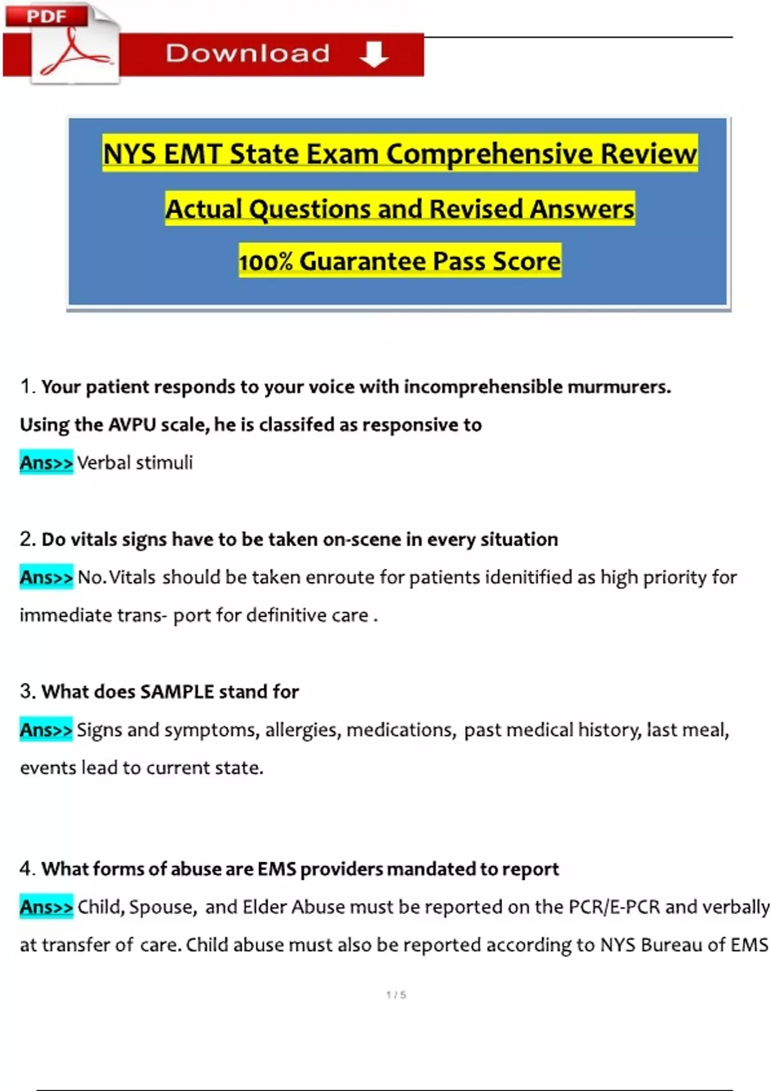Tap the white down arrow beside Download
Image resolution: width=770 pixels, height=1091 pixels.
(x=373, y=55)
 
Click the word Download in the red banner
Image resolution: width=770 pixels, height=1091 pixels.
(x=248, y=53)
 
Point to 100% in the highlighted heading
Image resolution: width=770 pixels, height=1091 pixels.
(x=266, y=262)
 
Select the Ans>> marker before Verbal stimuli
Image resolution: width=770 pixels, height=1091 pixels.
(x=46, y=463)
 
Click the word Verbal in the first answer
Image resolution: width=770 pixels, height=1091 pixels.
(x=105, y=463)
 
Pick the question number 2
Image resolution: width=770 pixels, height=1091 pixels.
(x=27, y=539)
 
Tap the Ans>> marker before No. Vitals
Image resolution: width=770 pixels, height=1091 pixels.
(x=46, y=578)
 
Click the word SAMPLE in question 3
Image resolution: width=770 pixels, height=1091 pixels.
(x=177, y=692)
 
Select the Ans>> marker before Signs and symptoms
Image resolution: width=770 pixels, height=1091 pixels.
(x=46, y=730)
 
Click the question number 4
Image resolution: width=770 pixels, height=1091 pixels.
(x=27, y=869)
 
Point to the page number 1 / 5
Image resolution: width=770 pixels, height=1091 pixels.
(x=396, y=995)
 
